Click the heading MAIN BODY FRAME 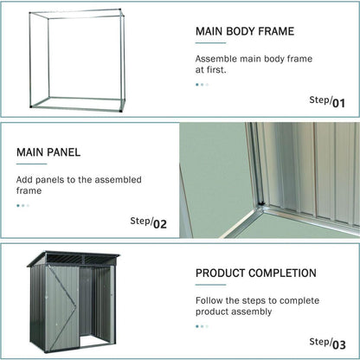tap(244, 31)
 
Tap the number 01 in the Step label tap(338, 103)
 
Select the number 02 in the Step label tap(159, 223)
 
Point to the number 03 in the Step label tap(338, 344)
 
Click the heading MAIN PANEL tap(48, 152)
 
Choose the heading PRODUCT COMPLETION tap(255, 273)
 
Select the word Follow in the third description tap(209, 300)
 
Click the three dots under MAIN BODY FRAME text tap(202, 85)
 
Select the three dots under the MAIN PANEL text tap(22, 206)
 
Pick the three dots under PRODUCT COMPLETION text tap(202, 326)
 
